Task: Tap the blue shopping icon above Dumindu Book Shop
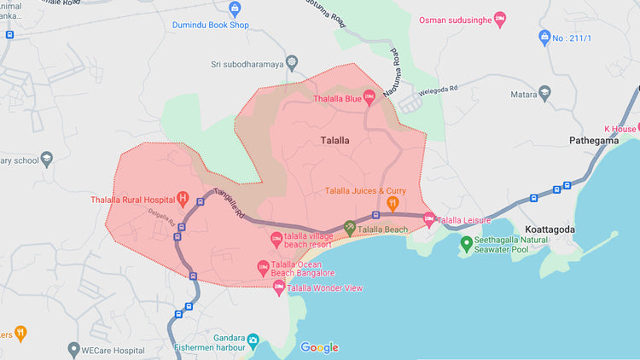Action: click(x=236, y=9)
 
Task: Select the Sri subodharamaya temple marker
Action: click(x=293, y=63)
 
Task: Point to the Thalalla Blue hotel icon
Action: click(x=369, y=97)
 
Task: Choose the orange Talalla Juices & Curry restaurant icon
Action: click(x=393, y=203)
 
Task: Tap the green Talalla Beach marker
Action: click(x=349, y=229)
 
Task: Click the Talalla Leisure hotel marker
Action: click(x=429, y=219)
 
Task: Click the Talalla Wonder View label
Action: click(x=329, y=288)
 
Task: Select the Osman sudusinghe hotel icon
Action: click(x=500, y=18)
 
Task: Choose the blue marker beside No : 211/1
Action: click(x=545, y=38)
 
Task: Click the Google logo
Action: click(x=319, y=347)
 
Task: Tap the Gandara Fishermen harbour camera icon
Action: click(x=253, y=340)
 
